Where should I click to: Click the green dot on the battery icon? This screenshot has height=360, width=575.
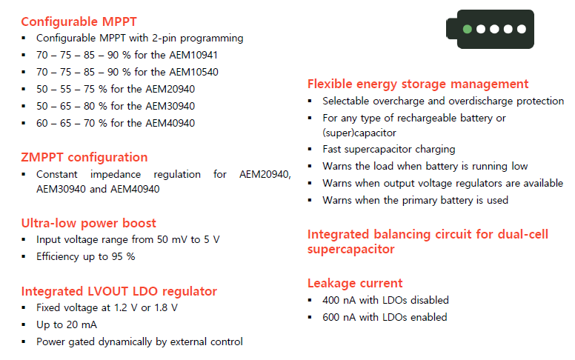pyautogui.click(x=467, y=29)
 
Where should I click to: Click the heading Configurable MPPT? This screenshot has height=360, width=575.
pyautogui.click(x=79, y=21)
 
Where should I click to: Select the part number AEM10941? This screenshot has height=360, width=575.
pyautogui.click(x=193, y=55)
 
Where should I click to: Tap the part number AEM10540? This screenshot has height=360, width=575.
pyautogui.click(x=193, y=72)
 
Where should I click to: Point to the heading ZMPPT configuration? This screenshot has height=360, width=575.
pyautogui.click(x=84, y=157)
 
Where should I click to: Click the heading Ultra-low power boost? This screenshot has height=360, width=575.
pyautogui.click(x=89, y=223)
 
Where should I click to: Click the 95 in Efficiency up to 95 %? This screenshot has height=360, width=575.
pyautogui.click(x=117, y=256)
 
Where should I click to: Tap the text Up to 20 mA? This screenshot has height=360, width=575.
pyautogui.click(x=67, y=324)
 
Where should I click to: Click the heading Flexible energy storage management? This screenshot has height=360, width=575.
pyautogui.click(x=418, y=84)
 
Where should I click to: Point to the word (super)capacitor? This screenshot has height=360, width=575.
pyautogui.click(x=359, y=133)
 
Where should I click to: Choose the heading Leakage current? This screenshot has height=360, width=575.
pyautogui.click(x=355, y=283)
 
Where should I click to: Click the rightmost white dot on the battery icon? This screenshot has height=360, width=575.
pyautogui.click(x=522, y=29)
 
